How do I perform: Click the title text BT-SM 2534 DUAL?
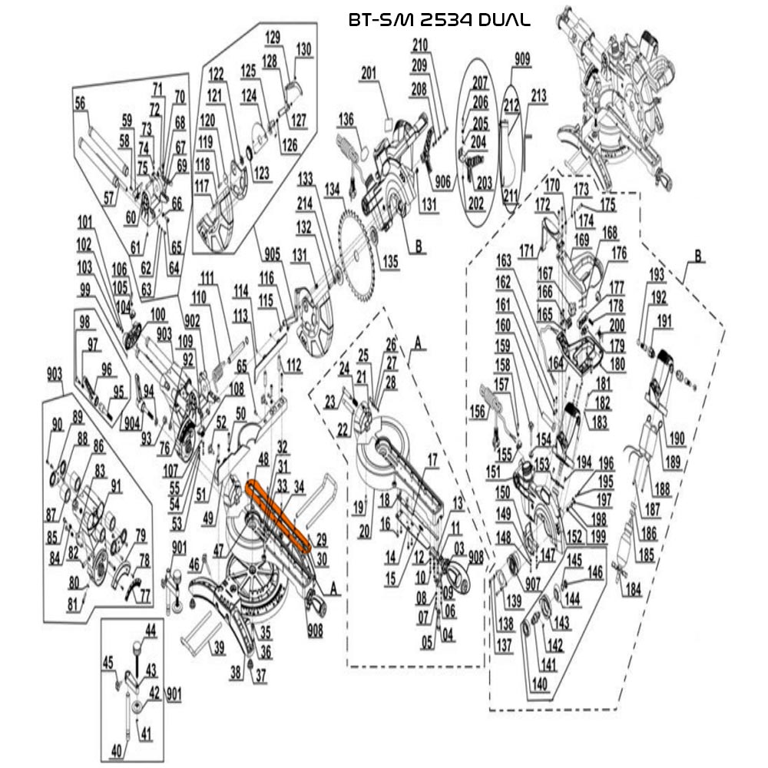pos(439,20)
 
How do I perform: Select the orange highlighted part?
pos(278,517)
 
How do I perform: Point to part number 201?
pos(369,74)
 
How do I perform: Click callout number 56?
pos(81,104)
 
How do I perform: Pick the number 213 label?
pos(538,96)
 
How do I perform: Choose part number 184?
pos(633,590)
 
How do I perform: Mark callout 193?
pos(657,274)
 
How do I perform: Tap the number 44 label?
pos(150,630)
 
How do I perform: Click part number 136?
pos(346,119)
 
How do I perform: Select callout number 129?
pos(273,38)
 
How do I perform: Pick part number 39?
pos(220,647)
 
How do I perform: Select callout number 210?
pos(420,44)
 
